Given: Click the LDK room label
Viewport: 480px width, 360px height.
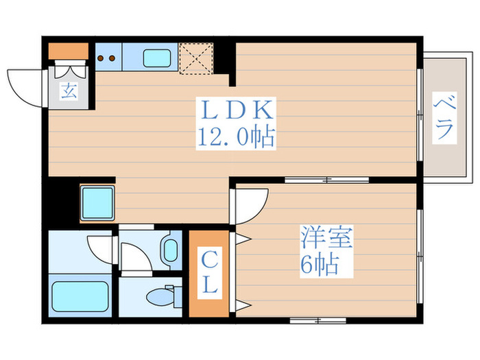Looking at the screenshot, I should click(x=236, y=112).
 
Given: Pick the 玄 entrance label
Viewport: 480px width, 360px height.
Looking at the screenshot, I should click(x=69, y=91).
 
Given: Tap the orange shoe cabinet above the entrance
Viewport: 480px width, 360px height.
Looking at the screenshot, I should click(x=68, y=51).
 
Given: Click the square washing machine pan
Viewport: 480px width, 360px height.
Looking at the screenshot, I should click(x=97, y=201).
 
